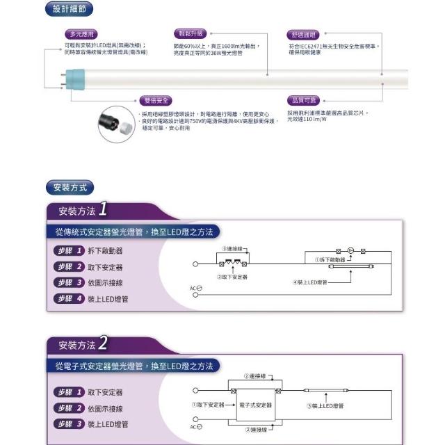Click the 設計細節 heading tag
(x=70, y=10)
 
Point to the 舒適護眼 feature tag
(x=302, y=35)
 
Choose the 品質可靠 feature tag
(x=302, y=101)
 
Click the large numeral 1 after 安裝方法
(x=102, y=209)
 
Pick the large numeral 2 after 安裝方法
(x=102, y=343)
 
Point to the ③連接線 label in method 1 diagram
(x=232, y=248)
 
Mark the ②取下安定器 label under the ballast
(x=232, y=276)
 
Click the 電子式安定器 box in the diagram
(x=254, y=404)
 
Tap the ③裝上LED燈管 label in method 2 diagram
(x=325, y=405)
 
